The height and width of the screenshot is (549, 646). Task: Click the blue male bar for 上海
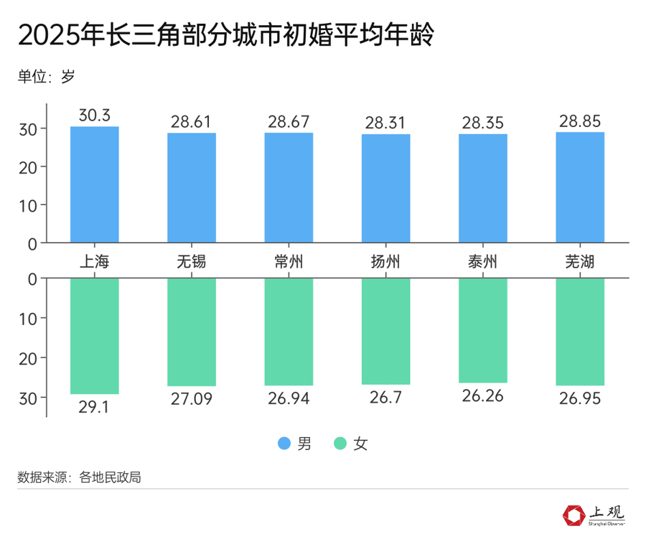click(x=94, y=184)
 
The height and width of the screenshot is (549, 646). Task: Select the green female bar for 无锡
click(x=192, y=332)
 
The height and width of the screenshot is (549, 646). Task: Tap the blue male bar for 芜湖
click(x=580, y=187)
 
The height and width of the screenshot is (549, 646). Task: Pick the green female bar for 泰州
click(x=483, y=330)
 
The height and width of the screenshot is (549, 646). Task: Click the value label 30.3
click(x=94, y=116)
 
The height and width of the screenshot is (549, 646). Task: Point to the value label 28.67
click(x=289, y=121)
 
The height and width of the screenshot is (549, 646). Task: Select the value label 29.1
click(x=94, y=406)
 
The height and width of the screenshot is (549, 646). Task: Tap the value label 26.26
click(x=483, y=395)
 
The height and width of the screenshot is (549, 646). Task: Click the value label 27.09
click(x=192, y=398)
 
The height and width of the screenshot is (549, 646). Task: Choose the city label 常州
click(x=289, y=261)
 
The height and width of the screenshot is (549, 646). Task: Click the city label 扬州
click(x=385, y=261)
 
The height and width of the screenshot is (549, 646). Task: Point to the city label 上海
click(x=94, y=261)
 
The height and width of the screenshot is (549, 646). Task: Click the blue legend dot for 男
click(x=284, y=444)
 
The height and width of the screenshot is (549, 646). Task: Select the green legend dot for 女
click(x=340, y=444)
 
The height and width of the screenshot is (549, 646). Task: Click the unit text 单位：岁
click(x=46, y=77)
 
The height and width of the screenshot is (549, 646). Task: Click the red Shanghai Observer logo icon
click(x=574, y=515)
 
